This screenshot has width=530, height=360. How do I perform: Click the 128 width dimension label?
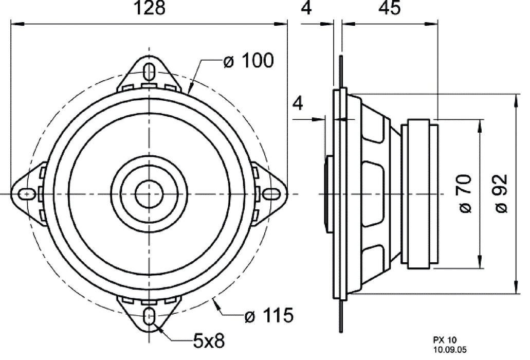150,9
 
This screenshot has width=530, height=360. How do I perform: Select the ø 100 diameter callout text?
248,61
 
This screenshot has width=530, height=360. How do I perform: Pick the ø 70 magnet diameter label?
464,194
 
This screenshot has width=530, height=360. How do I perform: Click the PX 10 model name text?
442,339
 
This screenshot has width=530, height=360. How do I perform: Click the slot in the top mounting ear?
150,70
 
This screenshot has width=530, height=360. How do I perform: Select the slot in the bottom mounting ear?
150,315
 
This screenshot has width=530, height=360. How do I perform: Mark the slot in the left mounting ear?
26,193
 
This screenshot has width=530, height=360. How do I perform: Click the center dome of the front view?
149,194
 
